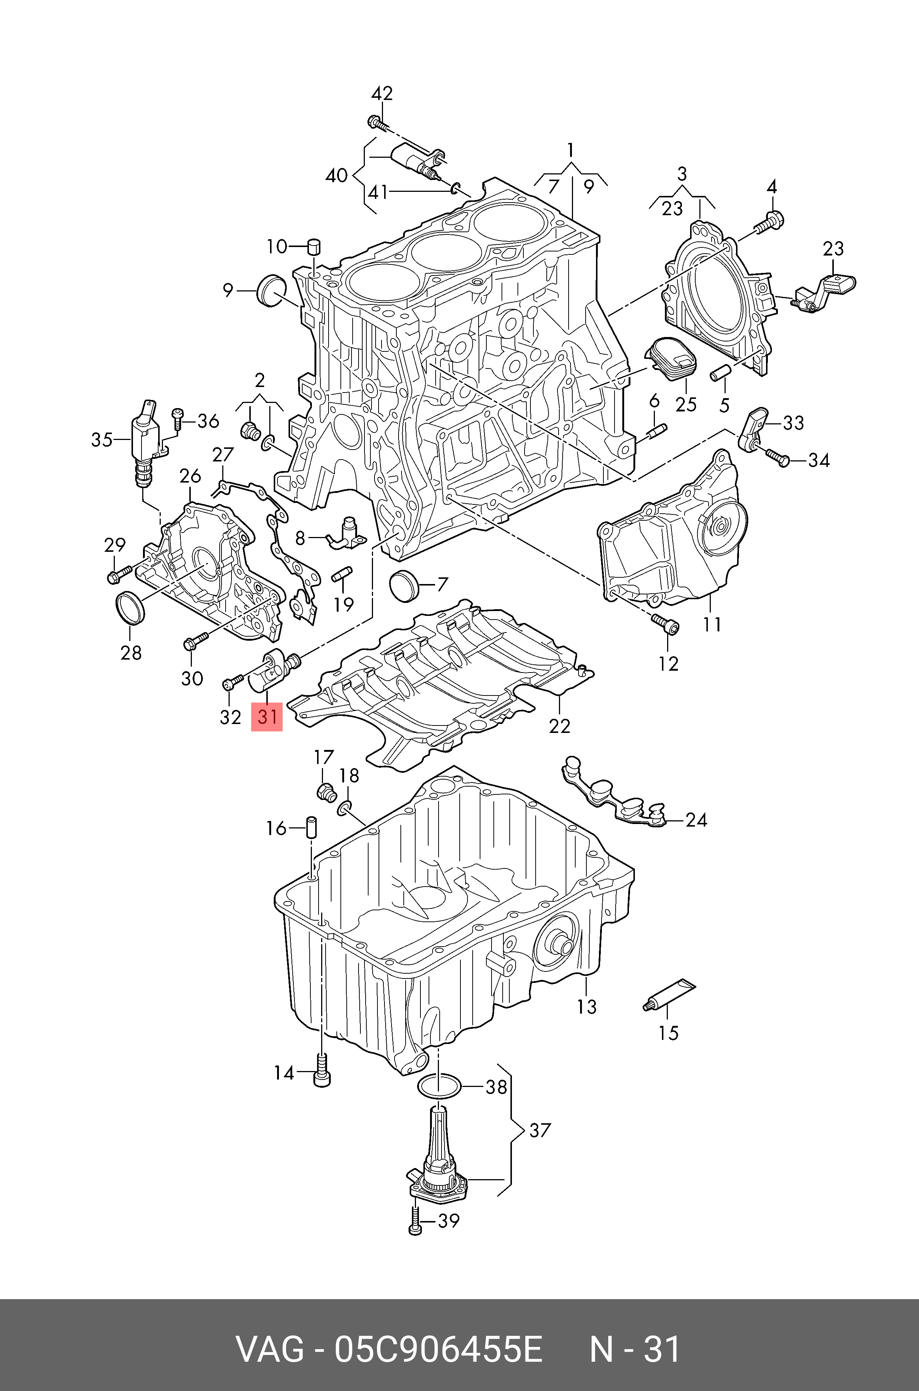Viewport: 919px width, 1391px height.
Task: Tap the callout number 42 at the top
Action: pos(382,94)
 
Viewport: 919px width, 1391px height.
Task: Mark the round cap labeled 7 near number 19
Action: pos(403,584)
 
